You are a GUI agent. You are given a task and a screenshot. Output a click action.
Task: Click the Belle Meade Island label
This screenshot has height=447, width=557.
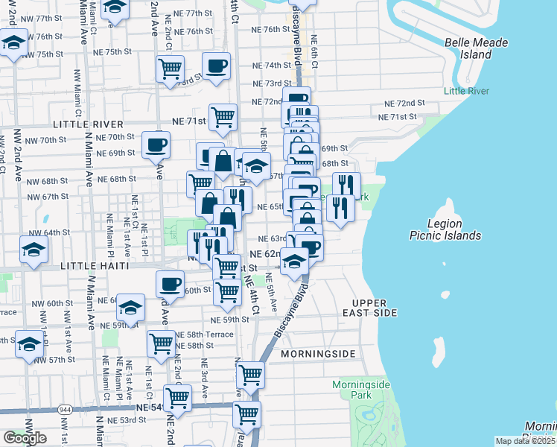tap(477, 48)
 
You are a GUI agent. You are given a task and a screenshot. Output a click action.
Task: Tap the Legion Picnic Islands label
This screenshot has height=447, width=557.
tap(445, 229)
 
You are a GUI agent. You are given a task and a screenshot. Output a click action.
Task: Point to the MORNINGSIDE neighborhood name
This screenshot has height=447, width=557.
tap(316, 355)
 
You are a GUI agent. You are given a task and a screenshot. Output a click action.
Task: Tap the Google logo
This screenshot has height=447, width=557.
tap(25, 438)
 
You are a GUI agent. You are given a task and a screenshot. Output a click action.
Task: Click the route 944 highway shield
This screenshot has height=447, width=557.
tap(65, 409)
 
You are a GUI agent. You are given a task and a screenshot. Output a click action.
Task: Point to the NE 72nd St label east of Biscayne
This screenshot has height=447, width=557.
tap(404, 103)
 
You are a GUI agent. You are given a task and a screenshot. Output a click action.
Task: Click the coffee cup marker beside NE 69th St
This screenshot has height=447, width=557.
tap(156, 144)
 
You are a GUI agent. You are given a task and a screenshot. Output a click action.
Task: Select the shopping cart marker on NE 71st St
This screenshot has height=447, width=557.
tap(223, 116)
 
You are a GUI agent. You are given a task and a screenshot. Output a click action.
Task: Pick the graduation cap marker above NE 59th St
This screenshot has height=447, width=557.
tap(130, 308)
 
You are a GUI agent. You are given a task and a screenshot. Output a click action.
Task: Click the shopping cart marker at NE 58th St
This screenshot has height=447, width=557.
tap(161, 343)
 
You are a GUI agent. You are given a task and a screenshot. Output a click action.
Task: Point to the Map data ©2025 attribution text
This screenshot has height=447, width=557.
tap(525, 441)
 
